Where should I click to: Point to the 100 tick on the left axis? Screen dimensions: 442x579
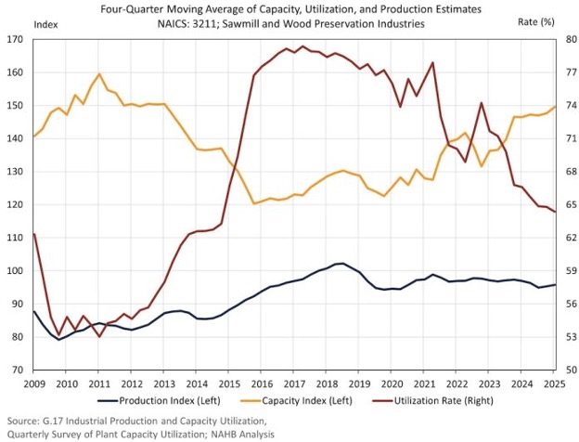pyautogui.click(x=17, y=271)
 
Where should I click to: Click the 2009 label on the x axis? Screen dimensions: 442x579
pyautogui.click(x=33, y=383)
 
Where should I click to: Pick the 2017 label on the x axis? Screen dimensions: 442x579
pyautogui.click(x=295, y=383)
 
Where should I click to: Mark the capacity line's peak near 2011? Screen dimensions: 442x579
pyautogui.click(x=99, y=73)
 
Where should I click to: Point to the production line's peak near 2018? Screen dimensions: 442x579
pyautogui.click(x=341, y=264)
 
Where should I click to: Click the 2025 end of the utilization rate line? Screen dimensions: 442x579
pyautogui.click(x=556, y=212)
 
